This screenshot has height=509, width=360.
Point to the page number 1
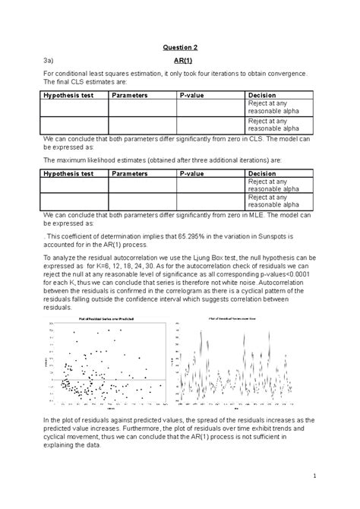tap(312, 476)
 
